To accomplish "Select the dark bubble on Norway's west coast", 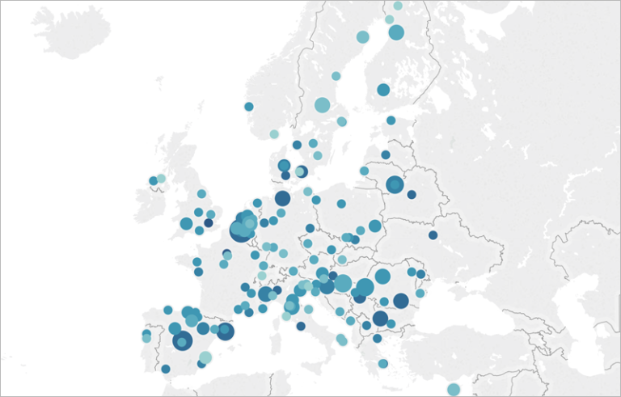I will (x=249, y=107).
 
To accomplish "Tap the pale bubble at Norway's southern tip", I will (x=274, y=134).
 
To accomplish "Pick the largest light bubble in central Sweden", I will (x=322, y=105).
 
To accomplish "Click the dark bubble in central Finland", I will (x=383, y=90).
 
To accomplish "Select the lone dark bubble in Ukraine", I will (x=433, y=235).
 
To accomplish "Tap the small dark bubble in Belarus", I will (x=412, y=195).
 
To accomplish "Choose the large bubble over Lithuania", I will (x=394, y=185).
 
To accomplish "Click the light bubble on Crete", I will (x=454, y=389).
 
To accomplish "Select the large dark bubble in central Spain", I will (x=182, y=341).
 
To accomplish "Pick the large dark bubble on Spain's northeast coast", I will (x=225, y=332).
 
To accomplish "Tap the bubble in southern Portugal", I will (x=166, y=369).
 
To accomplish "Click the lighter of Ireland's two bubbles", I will (x=161, y=179).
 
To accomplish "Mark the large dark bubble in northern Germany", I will (x=282, y=198).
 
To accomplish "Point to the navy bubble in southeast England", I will (x=209, y=223).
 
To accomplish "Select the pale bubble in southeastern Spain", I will (x=205, y=357).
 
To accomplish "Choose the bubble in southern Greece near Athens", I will (x=383, y=364).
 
